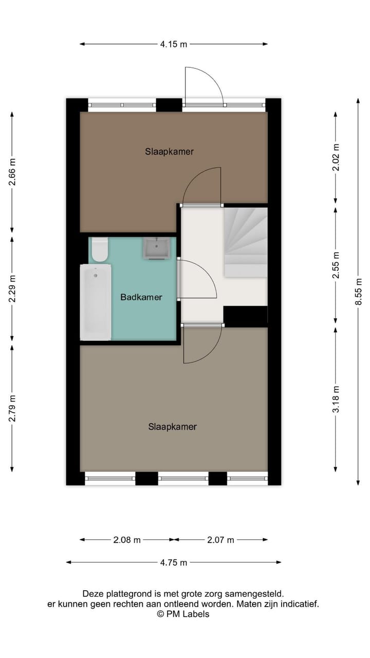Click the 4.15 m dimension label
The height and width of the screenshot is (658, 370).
(173, 44)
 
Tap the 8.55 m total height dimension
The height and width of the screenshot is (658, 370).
(358, 291)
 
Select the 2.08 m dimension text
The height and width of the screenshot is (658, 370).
(126, 540)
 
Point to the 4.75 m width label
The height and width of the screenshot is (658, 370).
(173, 562)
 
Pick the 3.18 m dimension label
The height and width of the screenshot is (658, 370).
(336, 399)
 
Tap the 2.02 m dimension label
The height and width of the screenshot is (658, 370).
(336, 157)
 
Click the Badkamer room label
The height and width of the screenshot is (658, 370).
(141, 297)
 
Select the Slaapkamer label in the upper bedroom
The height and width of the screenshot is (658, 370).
(169, 152)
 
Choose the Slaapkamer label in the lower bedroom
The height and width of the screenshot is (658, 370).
(173, 427)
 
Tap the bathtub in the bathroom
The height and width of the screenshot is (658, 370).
(96, 302)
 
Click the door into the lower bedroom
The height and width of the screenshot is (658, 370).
(202, 343)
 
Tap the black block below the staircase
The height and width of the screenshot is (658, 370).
(246, 316)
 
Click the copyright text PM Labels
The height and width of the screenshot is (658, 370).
(183, 614)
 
